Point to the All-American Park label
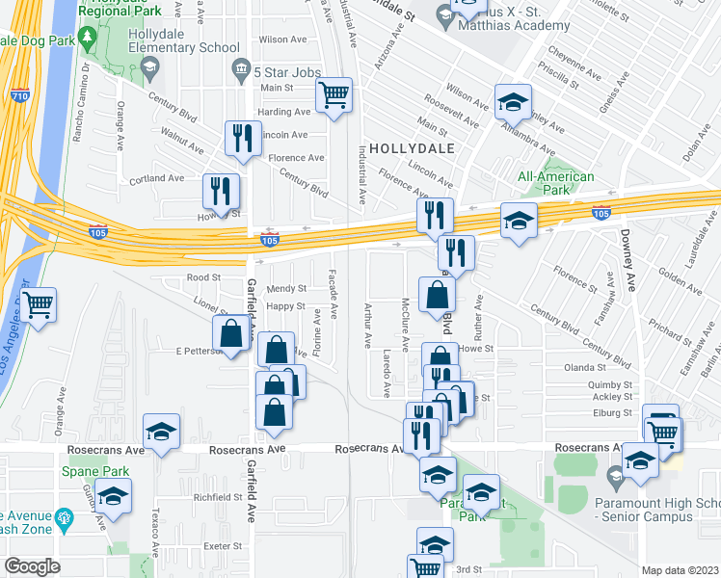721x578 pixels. pyautogui.click(x=556, y=183)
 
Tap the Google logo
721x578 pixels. pyautogui.click(x=33, y=566)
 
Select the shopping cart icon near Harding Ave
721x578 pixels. pyautogui.click(x=334, y=95)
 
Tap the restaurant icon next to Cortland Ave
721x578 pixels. pyautogui.click(x=222, y=192)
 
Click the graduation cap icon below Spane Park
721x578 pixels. pyautogui.click(x=114, y=496)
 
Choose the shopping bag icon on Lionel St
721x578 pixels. pyautogui.click(x=231, y=334)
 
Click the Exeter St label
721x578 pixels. pyautogui.click(x=223, y=545)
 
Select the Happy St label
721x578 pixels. pyautogui.click(x=286, y=306)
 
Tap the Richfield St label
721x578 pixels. pyautogui.click(x=217, y=497)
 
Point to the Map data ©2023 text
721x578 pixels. pyautogui.click(x=681, y=570)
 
